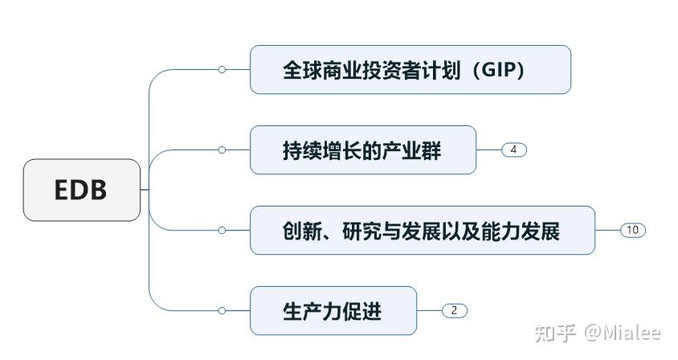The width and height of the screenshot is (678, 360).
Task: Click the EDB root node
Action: (81, 190)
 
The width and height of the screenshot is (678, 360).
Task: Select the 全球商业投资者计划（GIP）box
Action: (410, 70)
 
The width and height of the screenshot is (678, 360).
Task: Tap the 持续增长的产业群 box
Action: (362, 150)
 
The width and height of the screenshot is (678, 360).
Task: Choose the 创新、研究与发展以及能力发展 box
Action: (422, 231)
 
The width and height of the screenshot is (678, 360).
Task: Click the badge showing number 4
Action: (513, 150)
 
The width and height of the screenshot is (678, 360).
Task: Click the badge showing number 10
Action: (632, 231)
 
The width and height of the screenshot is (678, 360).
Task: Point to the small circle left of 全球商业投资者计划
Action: (222, 70)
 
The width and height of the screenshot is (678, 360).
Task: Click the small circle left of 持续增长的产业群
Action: (222, 150)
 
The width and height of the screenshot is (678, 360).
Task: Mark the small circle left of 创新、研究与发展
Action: (222, 231)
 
